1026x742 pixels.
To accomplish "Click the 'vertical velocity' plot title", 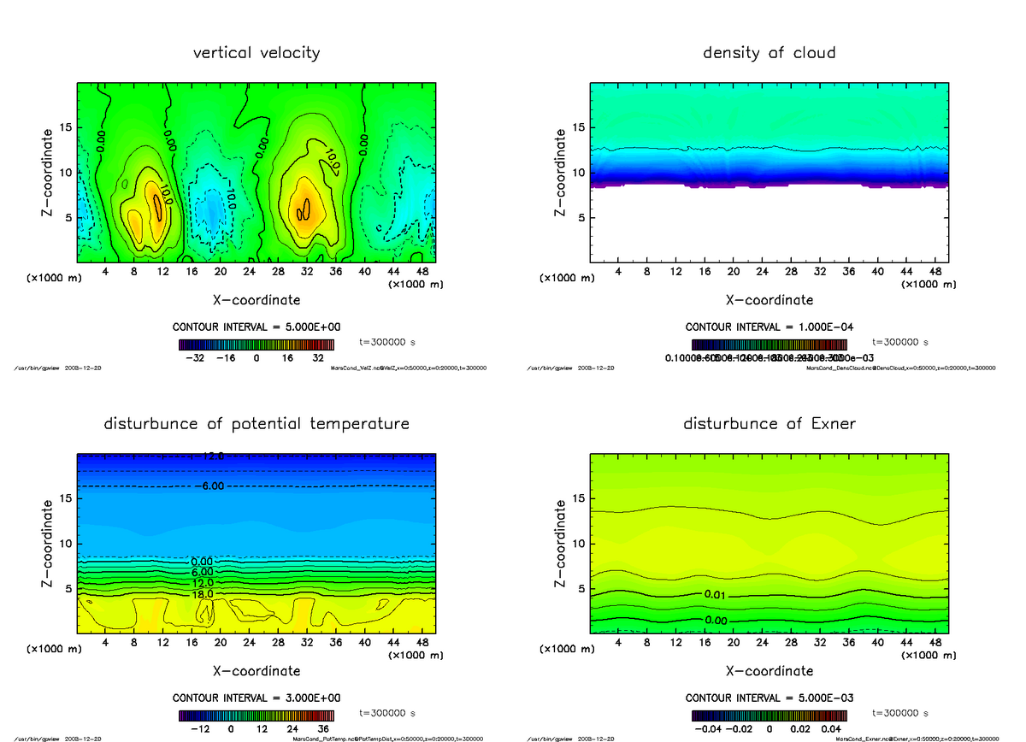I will (256, 53).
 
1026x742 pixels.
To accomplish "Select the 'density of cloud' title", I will (769, 53).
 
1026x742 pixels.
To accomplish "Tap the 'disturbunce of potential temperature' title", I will (256, 424).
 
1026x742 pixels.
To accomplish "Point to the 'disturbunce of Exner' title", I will (769, 424).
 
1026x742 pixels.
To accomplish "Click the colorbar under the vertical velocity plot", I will (256, 345).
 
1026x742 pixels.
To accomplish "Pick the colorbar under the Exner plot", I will (769, 716).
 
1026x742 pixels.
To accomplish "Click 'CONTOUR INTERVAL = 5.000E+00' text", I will (256, 327).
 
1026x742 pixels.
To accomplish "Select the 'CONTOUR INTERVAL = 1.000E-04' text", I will (769, 327).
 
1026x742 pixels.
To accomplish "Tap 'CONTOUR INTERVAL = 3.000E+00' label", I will (256, 698).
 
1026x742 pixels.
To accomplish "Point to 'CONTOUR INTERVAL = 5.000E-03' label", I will (769, 698).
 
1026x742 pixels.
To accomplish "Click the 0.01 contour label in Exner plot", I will (716, 594).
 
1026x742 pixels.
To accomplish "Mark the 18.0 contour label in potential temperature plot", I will (203, 593).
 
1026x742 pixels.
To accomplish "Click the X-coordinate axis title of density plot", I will (769, 300).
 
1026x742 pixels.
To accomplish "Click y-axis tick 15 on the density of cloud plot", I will (577, 127).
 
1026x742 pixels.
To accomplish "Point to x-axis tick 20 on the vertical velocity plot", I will (220, 271).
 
